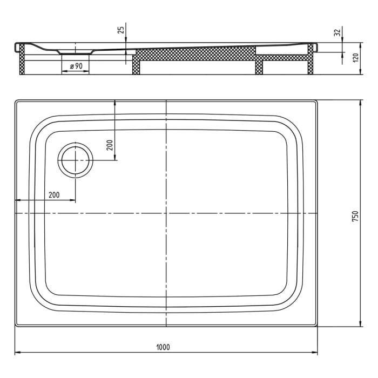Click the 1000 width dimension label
point(166,347)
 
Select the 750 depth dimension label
point(355,215)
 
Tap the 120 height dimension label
point(355,58)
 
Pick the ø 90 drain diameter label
point(76,66)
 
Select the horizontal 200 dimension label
point(54,195)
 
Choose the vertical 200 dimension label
point(109,145)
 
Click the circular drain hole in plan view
point(76,160)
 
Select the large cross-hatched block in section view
point(194,53)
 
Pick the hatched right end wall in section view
point(310,60)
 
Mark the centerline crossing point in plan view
point(166,213)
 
